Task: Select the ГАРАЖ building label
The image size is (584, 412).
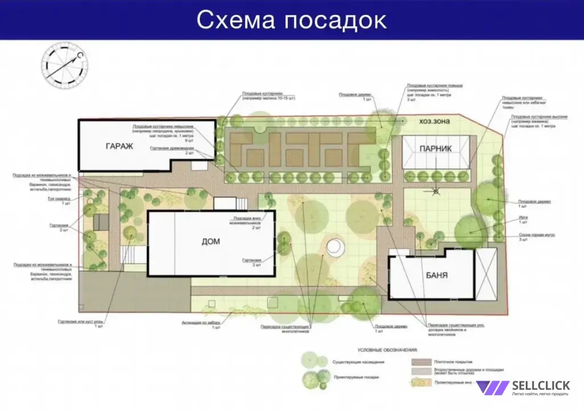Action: click(x=119, y=147)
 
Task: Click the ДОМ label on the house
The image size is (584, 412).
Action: click(x=211, y=242)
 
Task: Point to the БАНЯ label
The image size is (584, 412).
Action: click(x=436, y=276)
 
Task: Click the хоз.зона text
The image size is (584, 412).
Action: click(x=435, y=122)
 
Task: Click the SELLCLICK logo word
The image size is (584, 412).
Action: click(x=540, y=386)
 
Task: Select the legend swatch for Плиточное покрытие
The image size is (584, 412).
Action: click(x=420, y=362)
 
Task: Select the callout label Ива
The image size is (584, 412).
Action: click(x=522, y=218)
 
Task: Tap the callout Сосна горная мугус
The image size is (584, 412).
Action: click(x=537, y=235)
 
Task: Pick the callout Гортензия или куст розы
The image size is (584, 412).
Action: click(x=80, y=322)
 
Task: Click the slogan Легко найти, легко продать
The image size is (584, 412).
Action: click(x=540, y=394)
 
